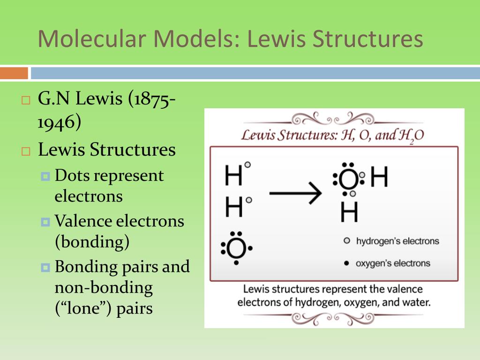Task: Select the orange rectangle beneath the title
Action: pos(14,74)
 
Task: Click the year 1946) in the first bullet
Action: pos(60,122)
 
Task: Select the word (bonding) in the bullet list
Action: pos(92,242)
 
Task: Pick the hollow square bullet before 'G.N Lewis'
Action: pos(26,100)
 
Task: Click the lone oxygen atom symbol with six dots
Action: pos(236,248)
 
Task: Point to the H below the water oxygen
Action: pos(349,212)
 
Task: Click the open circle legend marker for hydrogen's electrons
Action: pos(346,241)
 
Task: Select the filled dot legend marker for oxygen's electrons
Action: pos(346,263)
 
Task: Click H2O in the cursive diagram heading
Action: pos(412,136)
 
